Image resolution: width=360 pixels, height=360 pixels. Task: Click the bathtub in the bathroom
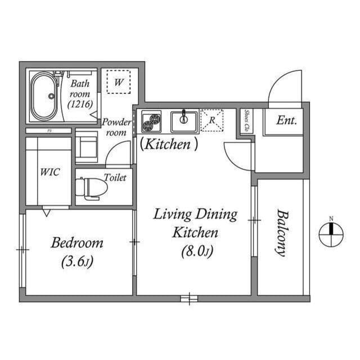coord(43,96)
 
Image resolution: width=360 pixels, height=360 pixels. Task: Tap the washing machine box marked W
coord(119,82)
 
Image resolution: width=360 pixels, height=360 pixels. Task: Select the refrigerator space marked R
coord(212,120)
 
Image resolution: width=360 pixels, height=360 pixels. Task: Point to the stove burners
coord(151,121)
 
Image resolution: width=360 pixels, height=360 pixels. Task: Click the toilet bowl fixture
coord(90,188)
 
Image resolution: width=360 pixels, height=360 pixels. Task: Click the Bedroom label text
coord(77,243)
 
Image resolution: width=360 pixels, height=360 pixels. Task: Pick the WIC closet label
coord(49,172)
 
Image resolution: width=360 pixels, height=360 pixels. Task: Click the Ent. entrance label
coord(286,120)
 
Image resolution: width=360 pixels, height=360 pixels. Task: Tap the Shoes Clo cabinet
coord(246,121)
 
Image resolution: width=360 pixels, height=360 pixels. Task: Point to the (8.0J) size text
coord(196,251)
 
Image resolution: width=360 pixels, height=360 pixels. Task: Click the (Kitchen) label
coord(169,145)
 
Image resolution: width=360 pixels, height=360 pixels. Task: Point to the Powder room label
coord(116,128)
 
